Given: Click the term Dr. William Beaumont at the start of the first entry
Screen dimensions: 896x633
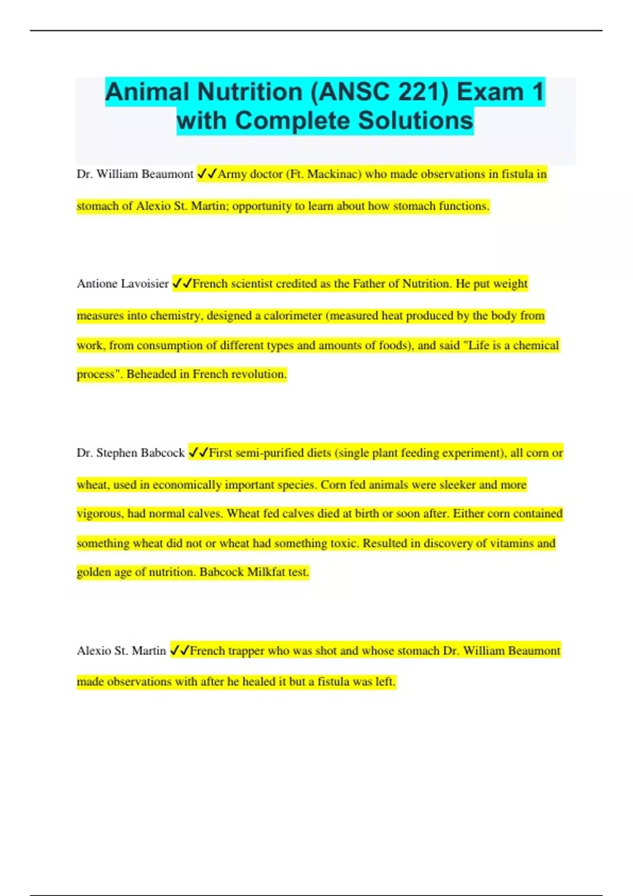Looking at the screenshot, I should point(135,174).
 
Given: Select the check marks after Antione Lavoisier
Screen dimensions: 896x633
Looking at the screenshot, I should point(181,284).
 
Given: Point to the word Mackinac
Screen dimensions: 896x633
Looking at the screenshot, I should point(333,174).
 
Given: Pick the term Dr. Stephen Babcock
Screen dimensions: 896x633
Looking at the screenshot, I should point(130,453).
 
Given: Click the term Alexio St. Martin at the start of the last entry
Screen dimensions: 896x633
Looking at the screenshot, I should point(121,651).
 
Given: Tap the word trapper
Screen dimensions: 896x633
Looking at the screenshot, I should point(246,651).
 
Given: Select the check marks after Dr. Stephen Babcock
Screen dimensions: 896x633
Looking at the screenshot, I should point(198,453).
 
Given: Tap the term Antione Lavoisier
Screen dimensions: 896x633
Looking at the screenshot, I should point(123,284).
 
